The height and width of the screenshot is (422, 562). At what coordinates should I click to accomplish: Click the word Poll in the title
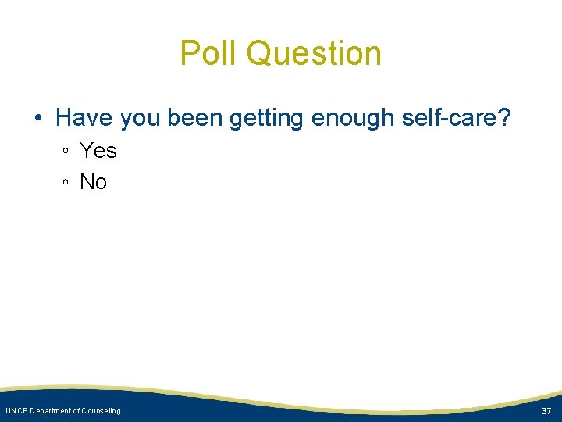tap(208, 53)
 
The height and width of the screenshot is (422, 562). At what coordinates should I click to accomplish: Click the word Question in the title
tap(314, 53)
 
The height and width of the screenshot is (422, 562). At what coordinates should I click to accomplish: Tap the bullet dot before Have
tap(37, 119)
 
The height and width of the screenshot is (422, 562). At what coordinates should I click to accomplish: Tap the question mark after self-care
tap(504, 118)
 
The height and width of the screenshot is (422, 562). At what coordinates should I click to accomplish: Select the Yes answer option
tap(98, 150)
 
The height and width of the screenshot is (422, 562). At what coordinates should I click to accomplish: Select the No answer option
tap(94, 182)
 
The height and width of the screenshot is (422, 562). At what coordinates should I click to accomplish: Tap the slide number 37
tap(546, 411)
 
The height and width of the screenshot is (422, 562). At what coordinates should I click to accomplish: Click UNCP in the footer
tap(16, 411)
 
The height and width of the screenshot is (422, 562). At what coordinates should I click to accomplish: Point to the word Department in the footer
tap(53, 411)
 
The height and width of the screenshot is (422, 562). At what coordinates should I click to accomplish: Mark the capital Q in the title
tap(259, 53)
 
